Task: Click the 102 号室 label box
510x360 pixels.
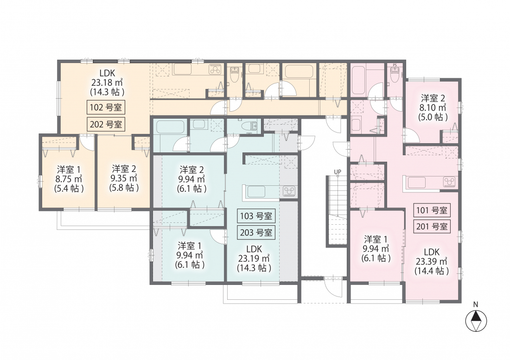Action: (106, 107)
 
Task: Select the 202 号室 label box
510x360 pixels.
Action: (106, 124)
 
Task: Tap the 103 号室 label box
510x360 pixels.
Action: (256, 216)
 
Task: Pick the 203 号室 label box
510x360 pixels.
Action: (256, 233)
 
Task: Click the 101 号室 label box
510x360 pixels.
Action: (432, 210)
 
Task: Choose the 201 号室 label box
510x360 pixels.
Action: (432, 227)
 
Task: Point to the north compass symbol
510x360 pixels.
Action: (476, 321)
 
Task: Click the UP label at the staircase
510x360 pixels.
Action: (338, 172)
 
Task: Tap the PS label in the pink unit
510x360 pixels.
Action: (395, 65)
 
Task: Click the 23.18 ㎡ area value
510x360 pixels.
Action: (107, 83)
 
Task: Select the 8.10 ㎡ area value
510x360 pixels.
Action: (433, 107)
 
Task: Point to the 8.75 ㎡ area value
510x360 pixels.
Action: (69, 179)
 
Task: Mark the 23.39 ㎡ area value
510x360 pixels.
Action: (432, 261)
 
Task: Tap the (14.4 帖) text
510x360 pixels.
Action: (432, 271)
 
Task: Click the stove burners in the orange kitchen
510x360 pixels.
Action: (215, 69)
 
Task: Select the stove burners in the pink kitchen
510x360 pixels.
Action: (450, 182)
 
